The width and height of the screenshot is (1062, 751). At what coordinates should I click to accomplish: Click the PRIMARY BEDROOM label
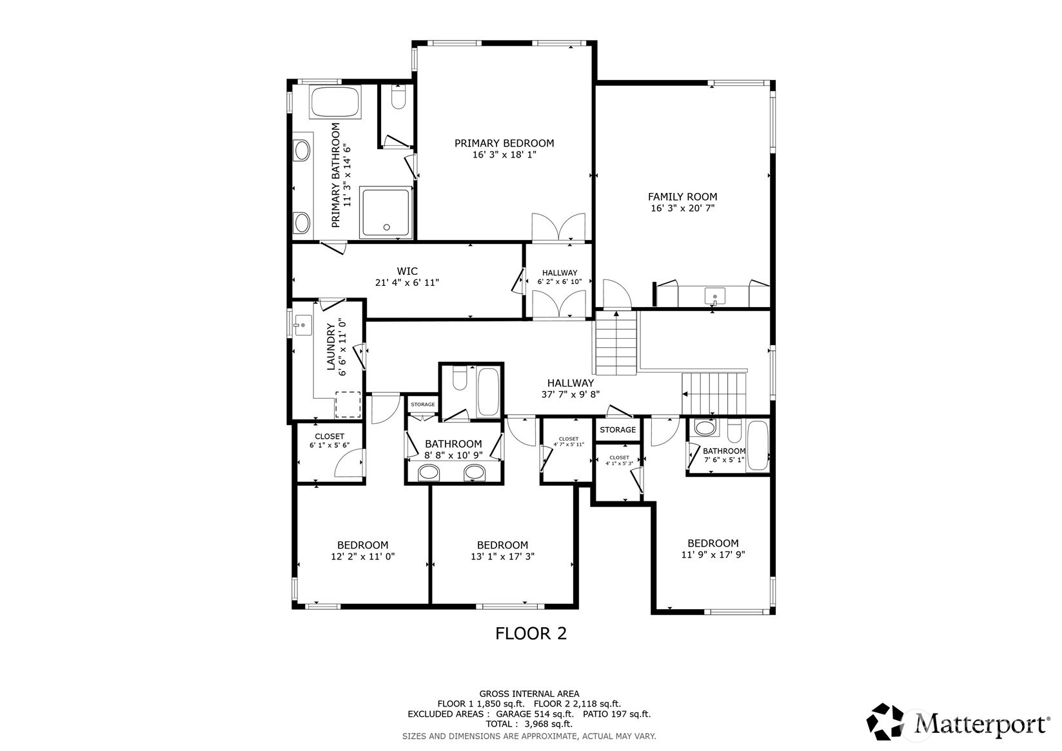504,143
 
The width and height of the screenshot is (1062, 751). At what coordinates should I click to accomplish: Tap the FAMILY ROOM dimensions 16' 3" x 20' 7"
682,208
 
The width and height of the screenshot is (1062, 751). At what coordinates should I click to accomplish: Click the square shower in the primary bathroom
386,212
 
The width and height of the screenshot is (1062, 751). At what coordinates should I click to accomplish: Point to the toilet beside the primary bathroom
397,98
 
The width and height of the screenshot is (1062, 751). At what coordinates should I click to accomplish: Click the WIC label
407,271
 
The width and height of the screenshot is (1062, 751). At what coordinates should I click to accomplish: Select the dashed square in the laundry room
348,405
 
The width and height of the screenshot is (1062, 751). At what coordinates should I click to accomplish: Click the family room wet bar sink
714,297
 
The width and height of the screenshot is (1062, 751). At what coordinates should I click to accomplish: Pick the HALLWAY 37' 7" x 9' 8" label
571,388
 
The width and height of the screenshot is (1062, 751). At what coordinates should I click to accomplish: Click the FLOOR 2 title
531,634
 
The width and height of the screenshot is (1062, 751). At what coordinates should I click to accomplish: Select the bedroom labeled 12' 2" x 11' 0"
362,550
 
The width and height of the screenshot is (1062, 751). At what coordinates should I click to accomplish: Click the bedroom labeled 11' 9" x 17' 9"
713,548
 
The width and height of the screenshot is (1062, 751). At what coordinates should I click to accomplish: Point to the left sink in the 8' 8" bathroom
428,473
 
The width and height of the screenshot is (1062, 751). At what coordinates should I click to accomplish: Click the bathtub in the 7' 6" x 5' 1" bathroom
756,445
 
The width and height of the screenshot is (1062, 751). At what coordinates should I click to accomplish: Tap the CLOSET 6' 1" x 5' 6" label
329,441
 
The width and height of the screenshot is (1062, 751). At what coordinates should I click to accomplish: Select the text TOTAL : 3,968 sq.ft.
529,725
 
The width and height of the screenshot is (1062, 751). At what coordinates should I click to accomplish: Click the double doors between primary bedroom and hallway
558,228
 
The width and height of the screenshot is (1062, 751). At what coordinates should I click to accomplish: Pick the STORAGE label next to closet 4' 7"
617,430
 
